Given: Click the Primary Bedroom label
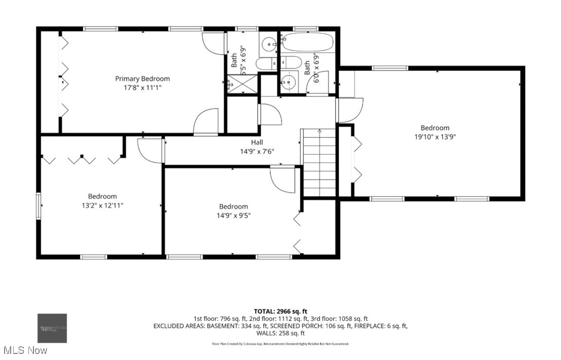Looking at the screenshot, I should (142, 79).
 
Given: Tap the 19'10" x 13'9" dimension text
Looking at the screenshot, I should (435, 137).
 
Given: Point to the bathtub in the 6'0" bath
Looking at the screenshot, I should (306, 42).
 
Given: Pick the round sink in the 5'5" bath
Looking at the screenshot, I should (268, 45).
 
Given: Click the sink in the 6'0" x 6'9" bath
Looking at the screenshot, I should (289, 82).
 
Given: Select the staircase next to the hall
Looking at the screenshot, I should (319, 162).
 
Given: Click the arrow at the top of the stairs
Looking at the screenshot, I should (319, 131).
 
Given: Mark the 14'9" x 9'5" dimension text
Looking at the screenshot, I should (234, 215).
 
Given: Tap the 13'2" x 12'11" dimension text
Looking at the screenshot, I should (102, 205).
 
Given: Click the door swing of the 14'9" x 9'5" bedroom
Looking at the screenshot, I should (282, 177).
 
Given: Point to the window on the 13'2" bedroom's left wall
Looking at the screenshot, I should (38, 205).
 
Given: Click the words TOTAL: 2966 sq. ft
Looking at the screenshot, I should (280, 311).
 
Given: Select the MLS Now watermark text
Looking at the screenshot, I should (25, 350).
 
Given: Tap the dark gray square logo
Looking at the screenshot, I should (52, 328).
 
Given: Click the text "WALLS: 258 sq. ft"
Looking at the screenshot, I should (280, 333).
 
